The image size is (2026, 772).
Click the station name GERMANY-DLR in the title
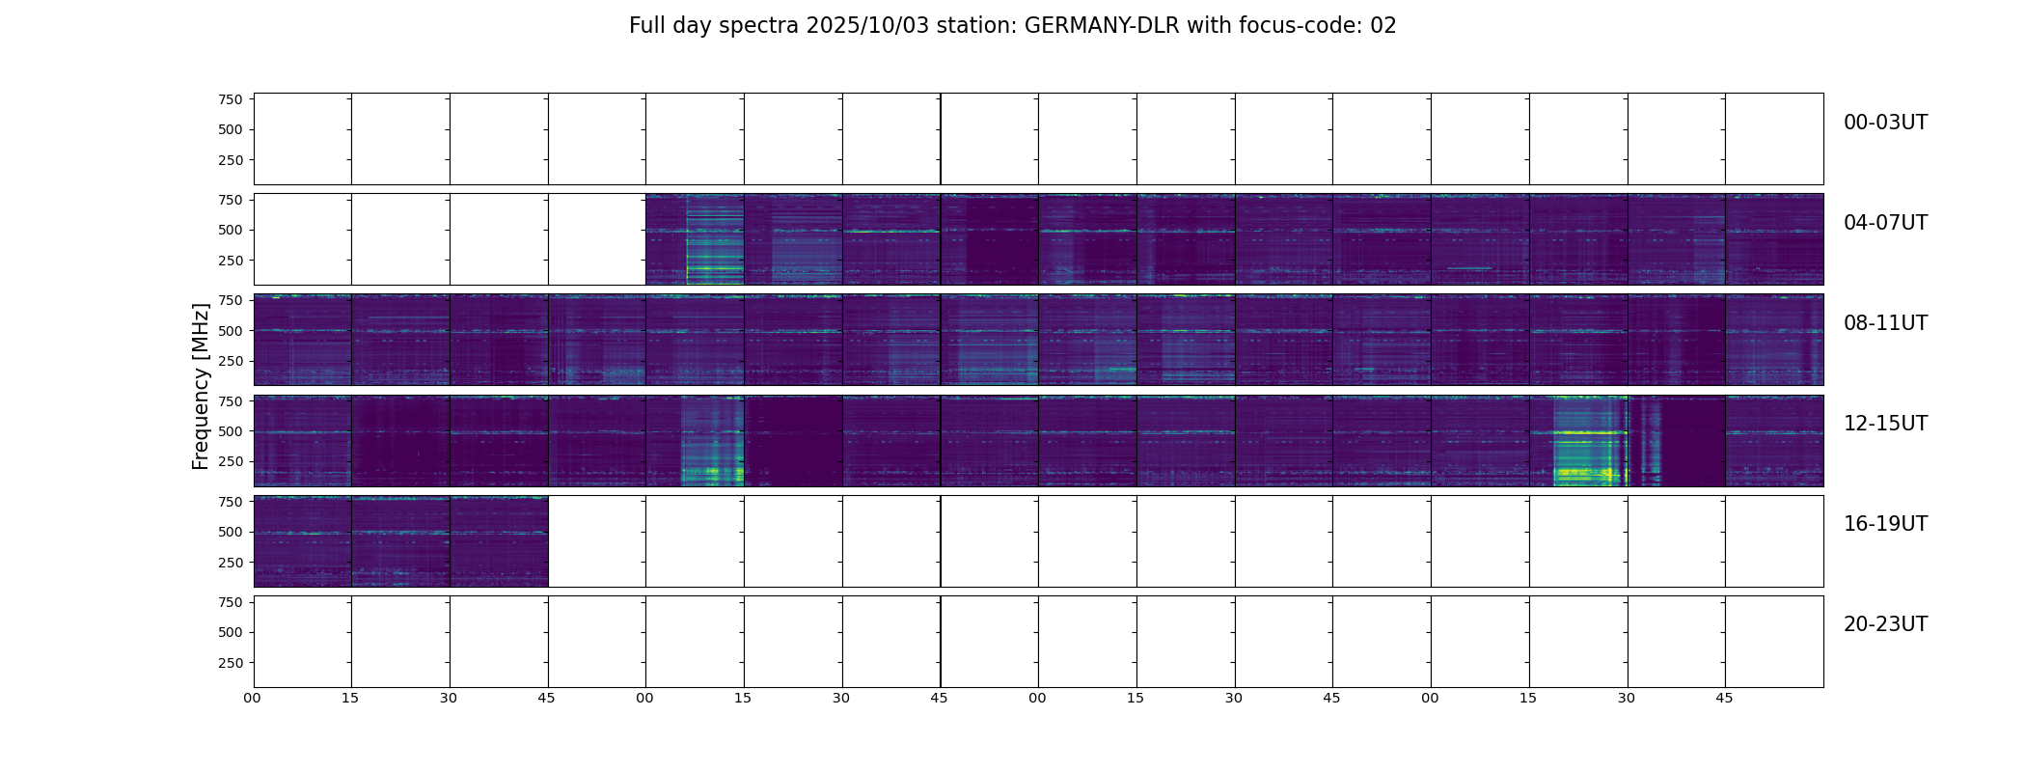[1102, 26]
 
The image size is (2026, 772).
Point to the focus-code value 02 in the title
[1383, 26]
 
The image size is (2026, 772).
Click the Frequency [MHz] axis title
[201, 386]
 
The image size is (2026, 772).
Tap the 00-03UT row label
[1885, 123]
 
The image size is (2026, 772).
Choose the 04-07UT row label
[1885, 223]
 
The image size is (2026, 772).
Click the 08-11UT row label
[1885, 323]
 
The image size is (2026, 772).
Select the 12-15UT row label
[1885, 424]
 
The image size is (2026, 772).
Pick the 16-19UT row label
[1885, 524]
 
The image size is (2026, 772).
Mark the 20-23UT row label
[1885, 624]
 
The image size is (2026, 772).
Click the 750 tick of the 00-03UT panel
[231, 99]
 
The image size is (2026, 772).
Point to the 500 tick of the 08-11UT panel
[231, 331]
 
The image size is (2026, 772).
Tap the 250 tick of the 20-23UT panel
[231, 663]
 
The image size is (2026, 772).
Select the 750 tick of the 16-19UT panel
[231, 502]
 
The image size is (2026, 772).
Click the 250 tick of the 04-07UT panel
[231, 261]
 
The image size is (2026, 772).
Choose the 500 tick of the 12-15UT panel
[231, 431]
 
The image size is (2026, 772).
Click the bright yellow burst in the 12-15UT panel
[1587, 472]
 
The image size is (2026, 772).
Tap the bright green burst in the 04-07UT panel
[715, 267]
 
